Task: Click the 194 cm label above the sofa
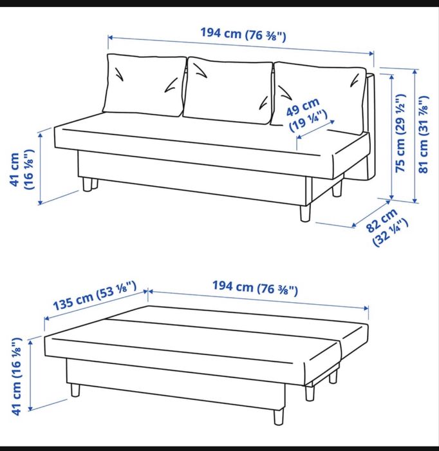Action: coord(243,34)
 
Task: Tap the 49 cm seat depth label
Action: coord(307,114)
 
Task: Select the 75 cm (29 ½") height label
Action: coord(400,133)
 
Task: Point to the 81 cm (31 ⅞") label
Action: coord(423,135)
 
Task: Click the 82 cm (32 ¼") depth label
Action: coord(386,227)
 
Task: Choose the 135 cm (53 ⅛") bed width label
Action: coord(95,296)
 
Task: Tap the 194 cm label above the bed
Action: coord(255,288)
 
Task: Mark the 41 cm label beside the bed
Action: coord(17,376)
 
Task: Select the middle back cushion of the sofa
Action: coord(227,90)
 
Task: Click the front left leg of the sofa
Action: coord(87,184)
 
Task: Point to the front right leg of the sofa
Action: coord(305,213)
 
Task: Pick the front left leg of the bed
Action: coord(75,390)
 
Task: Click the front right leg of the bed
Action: coord(278,416)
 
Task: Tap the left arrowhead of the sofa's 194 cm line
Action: coord(110,37)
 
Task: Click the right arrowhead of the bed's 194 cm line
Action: coord(366,308)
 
